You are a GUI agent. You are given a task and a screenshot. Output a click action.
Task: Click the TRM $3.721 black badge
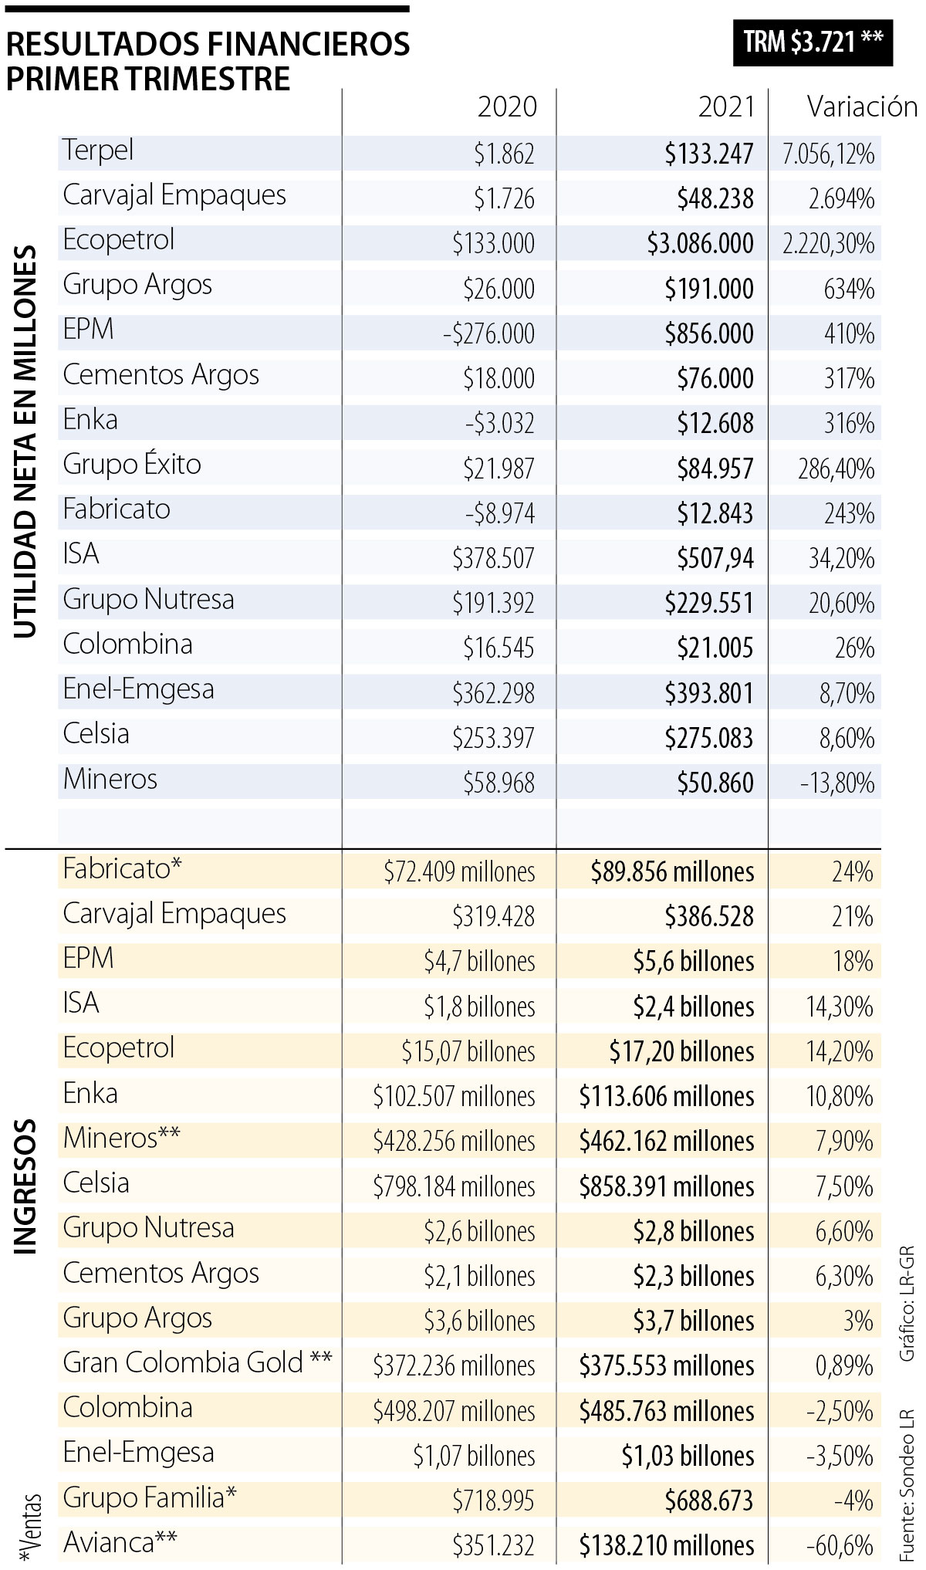(813, 42)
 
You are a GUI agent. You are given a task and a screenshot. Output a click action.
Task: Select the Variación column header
(862, 107)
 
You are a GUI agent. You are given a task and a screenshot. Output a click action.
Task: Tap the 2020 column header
(506, 107)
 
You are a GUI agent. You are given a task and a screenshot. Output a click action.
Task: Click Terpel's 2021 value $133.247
(709, 154)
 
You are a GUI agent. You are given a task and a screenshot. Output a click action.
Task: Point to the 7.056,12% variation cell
(828, 154)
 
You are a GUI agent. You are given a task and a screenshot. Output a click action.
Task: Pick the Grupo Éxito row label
(132, 465)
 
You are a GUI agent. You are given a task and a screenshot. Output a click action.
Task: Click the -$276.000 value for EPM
(488, 333)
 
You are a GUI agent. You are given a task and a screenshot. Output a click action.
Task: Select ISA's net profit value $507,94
(715, 558)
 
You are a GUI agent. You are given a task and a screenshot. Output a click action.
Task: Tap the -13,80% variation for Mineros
(837, 783)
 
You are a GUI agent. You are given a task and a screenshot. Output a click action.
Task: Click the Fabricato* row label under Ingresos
(122, 869)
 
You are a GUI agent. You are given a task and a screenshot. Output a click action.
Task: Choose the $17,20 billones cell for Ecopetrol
(681, 1051)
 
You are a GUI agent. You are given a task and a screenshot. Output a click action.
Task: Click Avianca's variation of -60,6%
(840, 1545)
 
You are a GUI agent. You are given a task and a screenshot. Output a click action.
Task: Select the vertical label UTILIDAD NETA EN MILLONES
(25, 442)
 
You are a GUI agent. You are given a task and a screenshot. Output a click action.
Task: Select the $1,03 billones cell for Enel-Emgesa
(688, 1456)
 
